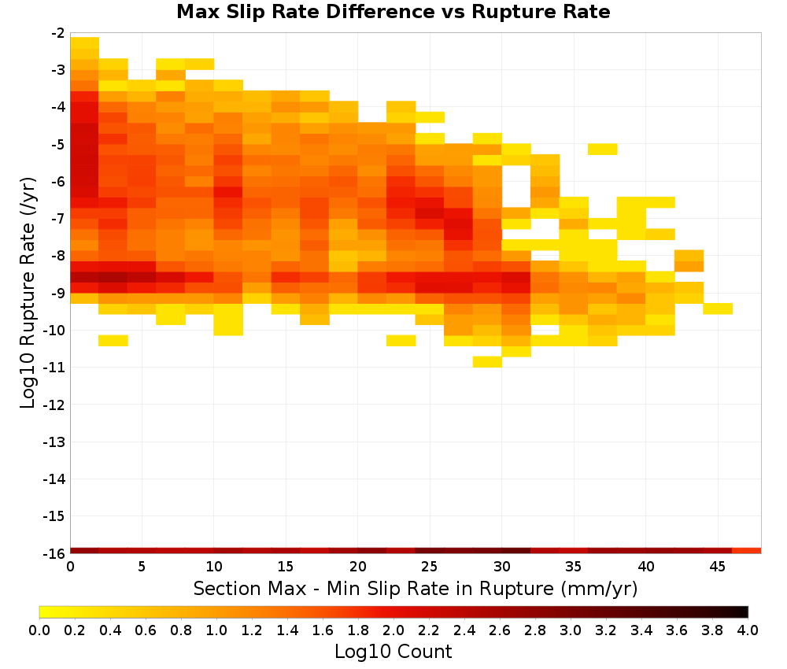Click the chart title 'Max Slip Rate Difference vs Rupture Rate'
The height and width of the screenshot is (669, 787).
coord(393,12)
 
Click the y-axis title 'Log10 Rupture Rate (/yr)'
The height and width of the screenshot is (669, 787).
coord(28,293)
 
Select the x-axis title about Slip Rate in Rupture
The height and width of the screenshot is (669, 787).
coord(416,588)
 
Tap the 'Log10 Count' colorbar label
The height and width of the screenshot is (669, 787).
coord(393,652)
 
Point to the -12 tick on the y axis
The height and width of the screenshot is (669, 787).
coord(54,405)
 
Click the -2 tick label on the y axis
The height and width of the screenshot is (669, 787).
coord(57,33)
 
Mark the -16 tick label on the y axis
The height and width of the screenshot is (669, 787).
coord(54,553)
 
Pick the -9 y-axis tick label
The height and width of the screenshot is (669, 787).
coord(57,293)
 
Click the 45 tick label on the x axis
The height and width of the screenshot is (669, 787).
coord(717,567)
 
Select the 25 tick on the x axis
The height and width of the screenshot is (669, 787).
coord(429,567)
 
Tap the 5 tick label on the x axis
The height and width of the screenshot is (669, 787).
coord(142,567)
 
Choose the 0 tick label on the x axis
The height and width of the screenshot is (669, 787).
coord(70,567)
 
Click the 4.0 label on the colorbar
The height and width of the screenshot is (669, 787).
coord(748,630)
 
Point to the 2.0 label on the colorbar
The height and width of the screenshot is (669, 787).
coord(393,630)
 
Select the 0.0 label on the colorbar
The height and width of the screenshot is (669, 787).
coord(39,630)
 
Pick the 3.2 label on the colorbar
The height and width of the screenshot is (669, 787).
coord(606,630)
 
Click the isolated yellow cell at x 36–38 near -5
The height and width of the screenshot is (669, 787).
coord(603,149)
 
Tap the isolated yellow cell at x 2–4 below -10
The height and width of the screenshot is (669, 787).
coord(113,340)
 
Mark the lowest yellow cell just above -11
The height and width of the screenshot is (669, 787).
coord(487,361)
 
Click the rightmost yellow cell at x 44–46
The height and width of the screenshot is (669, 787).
coord(718,309)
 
